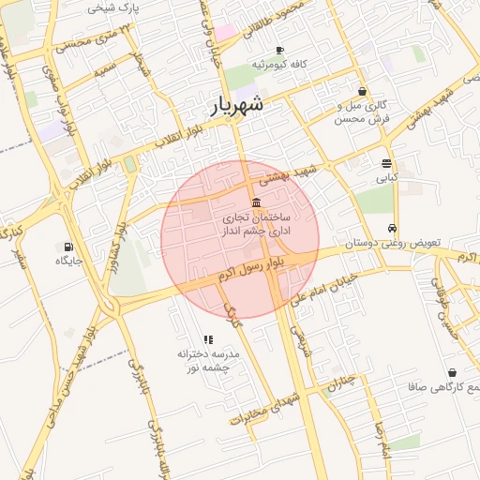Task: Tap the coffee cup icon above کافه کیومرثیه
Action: pyautogui.click(x=279, y=51)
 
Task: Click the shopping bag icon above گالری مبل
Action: pyautogui.click(x=362, y=92)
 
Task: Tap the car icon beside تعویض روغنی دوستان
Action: pyautogui.click(x=391, y=229)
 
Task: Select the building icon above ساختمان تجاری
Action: pyautogui.click(x=256, y=203)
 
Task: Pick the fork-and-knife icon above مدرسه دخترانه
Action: pyautogui.click(x=208, y=339)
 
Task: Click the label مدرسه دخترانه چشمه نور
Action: pyautogui.click(x=209, y=361)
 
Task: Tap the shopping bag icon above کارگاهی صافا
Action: pyautogui.click(x=452, y=373)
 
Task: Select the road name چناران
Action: pyautogui.click(x=342, y=382)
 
